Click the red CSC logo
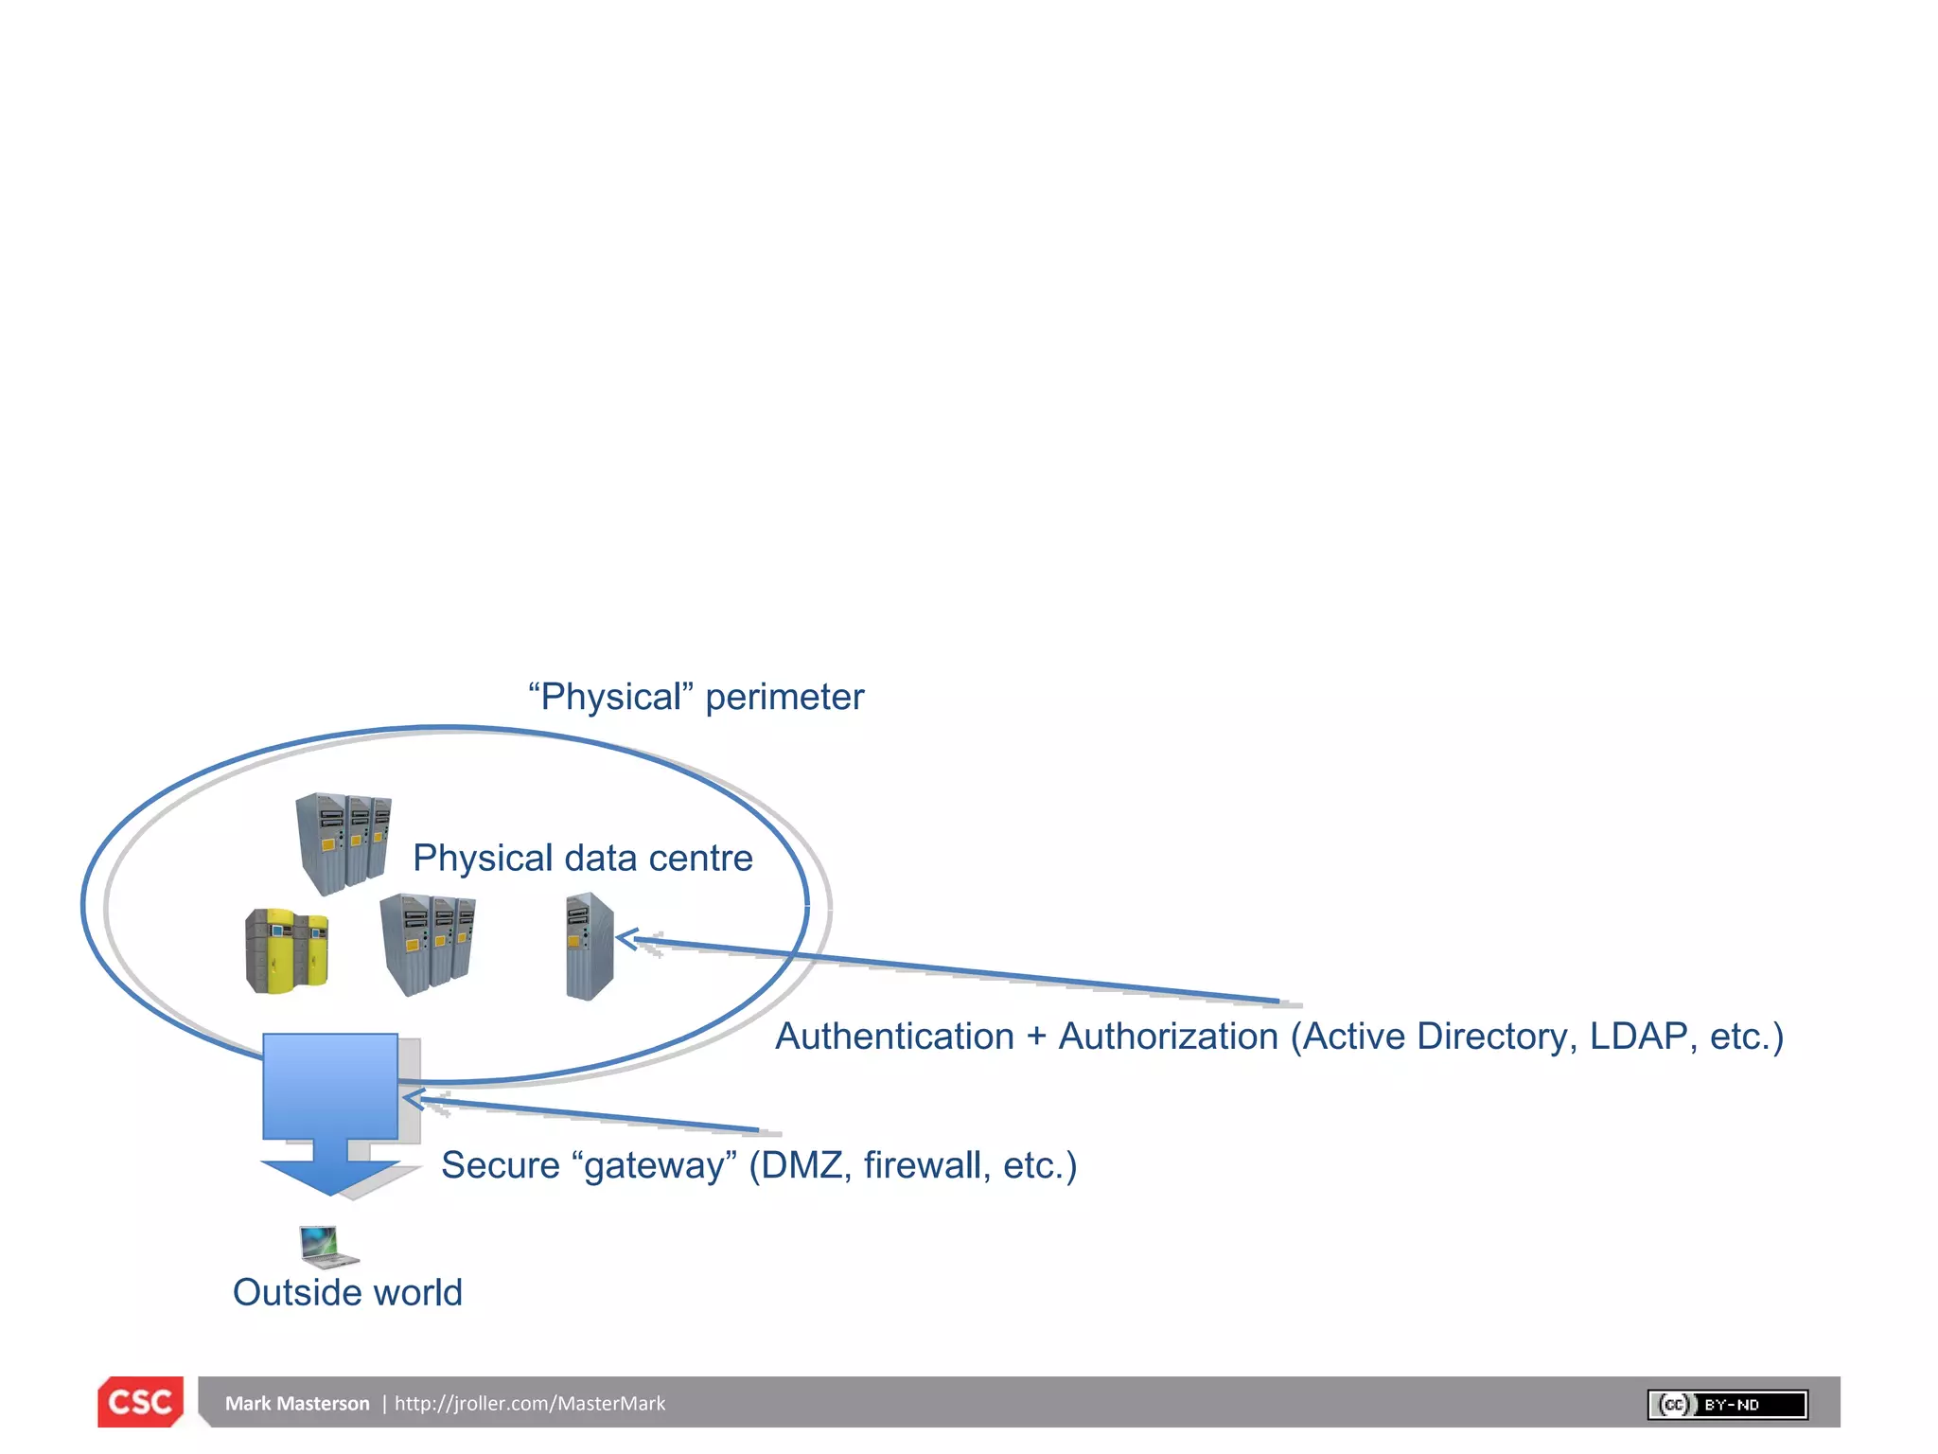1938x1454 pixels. pyautogui.click(x=140, y=1402)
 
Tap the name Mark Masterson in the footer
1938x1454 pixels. pyautogui.click(x=296, y=1404)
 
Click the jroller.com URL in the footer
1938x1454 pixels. pyautogui.click(x=529, y=1404)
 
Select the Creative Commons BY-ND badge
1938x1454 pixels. pyautogui.click(x=1727, y=1405)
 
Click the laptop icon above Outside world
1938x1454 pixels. pyautogui.click(x=327, y=1246)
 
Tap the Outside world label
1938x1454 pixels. pyautogui.click(x=347, y=1293)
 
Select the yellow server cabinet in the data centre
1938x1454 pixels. pyautogui.click(x=287, y=950)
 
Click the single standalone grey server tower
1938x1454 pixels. pyautogui.click(x=590, y=947)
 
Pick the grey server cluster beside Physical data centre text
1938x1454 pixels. pyautogui.click(x=344, y=843)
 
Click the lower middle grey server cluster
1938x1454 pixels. pyautogui.click(x=428, y=944)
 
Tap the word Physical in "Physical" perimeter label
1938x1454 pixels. pyautogui.click(x=610, y=698)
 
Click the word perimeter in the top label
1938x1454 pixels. pyautogui.click(x=784, y=698)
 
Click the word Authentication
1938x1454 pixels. pyautogui.click(x=894, y=1037)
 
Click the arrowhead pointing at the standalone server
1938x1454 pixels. pyautogui.click(x=625, y=939)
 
